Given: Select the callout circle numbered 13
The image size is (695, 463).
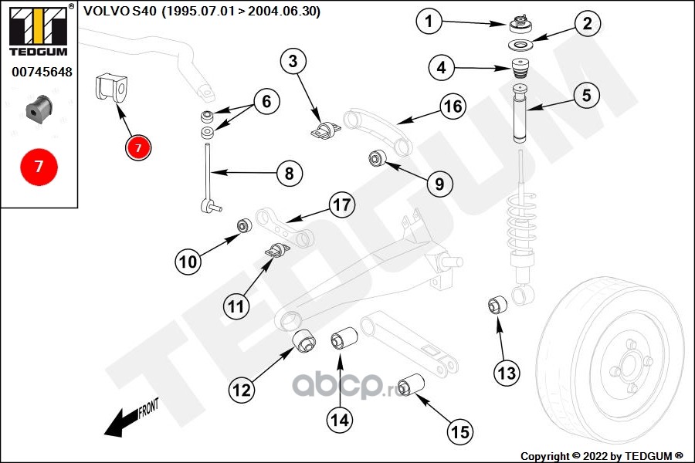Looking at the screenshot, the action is click(x=507, y=373).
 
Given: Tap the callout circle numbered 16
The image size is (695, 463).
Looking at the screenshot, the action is click(x=453, y=106).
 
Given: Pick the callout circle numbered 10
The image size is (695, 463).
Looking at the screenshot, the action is click(x=188, y=262).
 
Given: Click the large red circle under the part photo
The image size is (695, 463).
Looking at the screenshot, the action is click(x=39, y=167).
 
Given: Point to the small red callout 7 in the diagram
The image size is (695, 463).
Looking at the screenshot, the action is click(x=138, y=147).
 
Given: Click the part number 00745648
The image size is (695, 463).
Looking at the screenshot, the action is click(x=42, y=72).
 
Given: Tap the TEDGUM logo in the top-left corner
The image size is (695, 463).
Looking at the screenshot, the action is click(x=39, y=29).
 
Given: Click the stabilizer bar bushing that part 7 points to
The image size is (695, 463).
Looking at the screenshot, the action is click(x=111, y=89).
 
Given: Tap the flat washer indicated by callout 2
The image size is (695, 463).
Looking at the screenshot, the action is click(x=520, y=45).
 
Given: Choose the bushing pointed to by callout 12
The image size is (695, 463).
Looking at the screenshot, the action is click(x=304, y=341).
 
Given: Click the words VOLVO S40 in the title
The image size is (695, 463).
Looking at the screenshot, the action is click(x=120, y=11).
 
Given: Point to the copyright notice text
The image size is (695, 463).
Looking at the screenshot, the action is click(x=602, y=456).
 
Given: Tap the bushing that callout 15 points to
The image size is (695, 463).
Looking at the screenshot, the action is click(x=411, y=384).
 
